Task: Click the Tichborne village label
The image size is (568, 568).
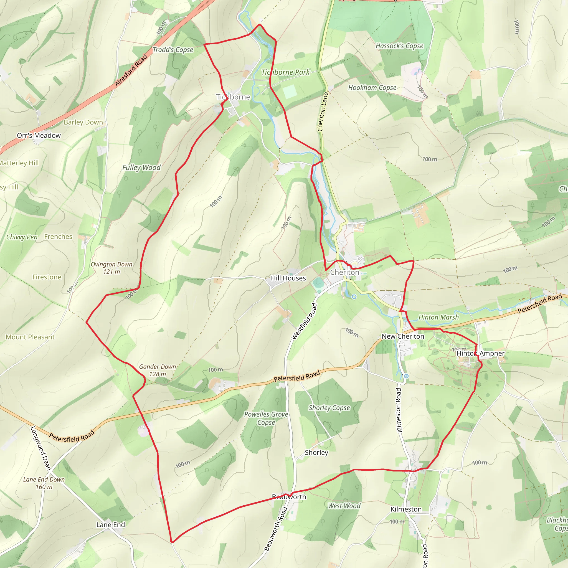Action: tap(233, 97)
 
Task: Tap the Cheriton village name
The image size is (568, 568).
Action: tap(344, 272)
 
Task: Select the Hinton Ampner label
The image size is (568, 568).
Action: tap(480, 353)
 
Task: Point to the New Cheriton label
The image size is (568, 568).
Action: tap(403, 336)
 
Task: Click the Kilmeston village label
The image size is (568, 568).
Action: tap(406, 509)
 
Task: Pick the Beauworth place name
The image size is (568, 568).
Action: tap(289, 497)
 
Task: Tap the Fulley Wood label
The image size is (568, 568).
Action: tap(141, 168)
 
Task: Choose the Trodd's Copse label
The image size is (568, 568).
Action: tap(173, 50)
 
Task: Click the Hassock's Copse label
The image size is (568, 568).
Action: tap(400, 46)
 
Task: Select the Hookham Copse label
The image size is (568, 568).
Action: tap(372, 88)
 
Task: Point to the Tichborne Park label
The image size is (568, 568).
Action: tap(285, 72)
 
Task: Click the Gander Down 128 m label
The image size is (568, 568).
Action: tap(158, 371)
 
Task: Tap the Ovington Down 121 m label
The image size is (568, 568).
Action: tap(111, 268)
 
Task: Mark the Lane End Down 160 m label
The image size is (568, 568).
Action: tap(44, 483)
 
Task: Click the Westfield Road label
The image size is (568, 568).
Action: tap(304, 321)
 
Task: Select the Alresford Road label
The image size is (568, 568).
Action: tap(131, 70)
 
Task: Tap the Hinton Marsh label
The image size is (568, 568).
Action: tap(438, 317)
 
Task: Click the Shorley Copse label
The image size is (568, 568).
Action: tap(329, 408)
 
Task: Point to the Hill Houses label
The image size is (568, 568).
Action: tap(288, 278)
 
